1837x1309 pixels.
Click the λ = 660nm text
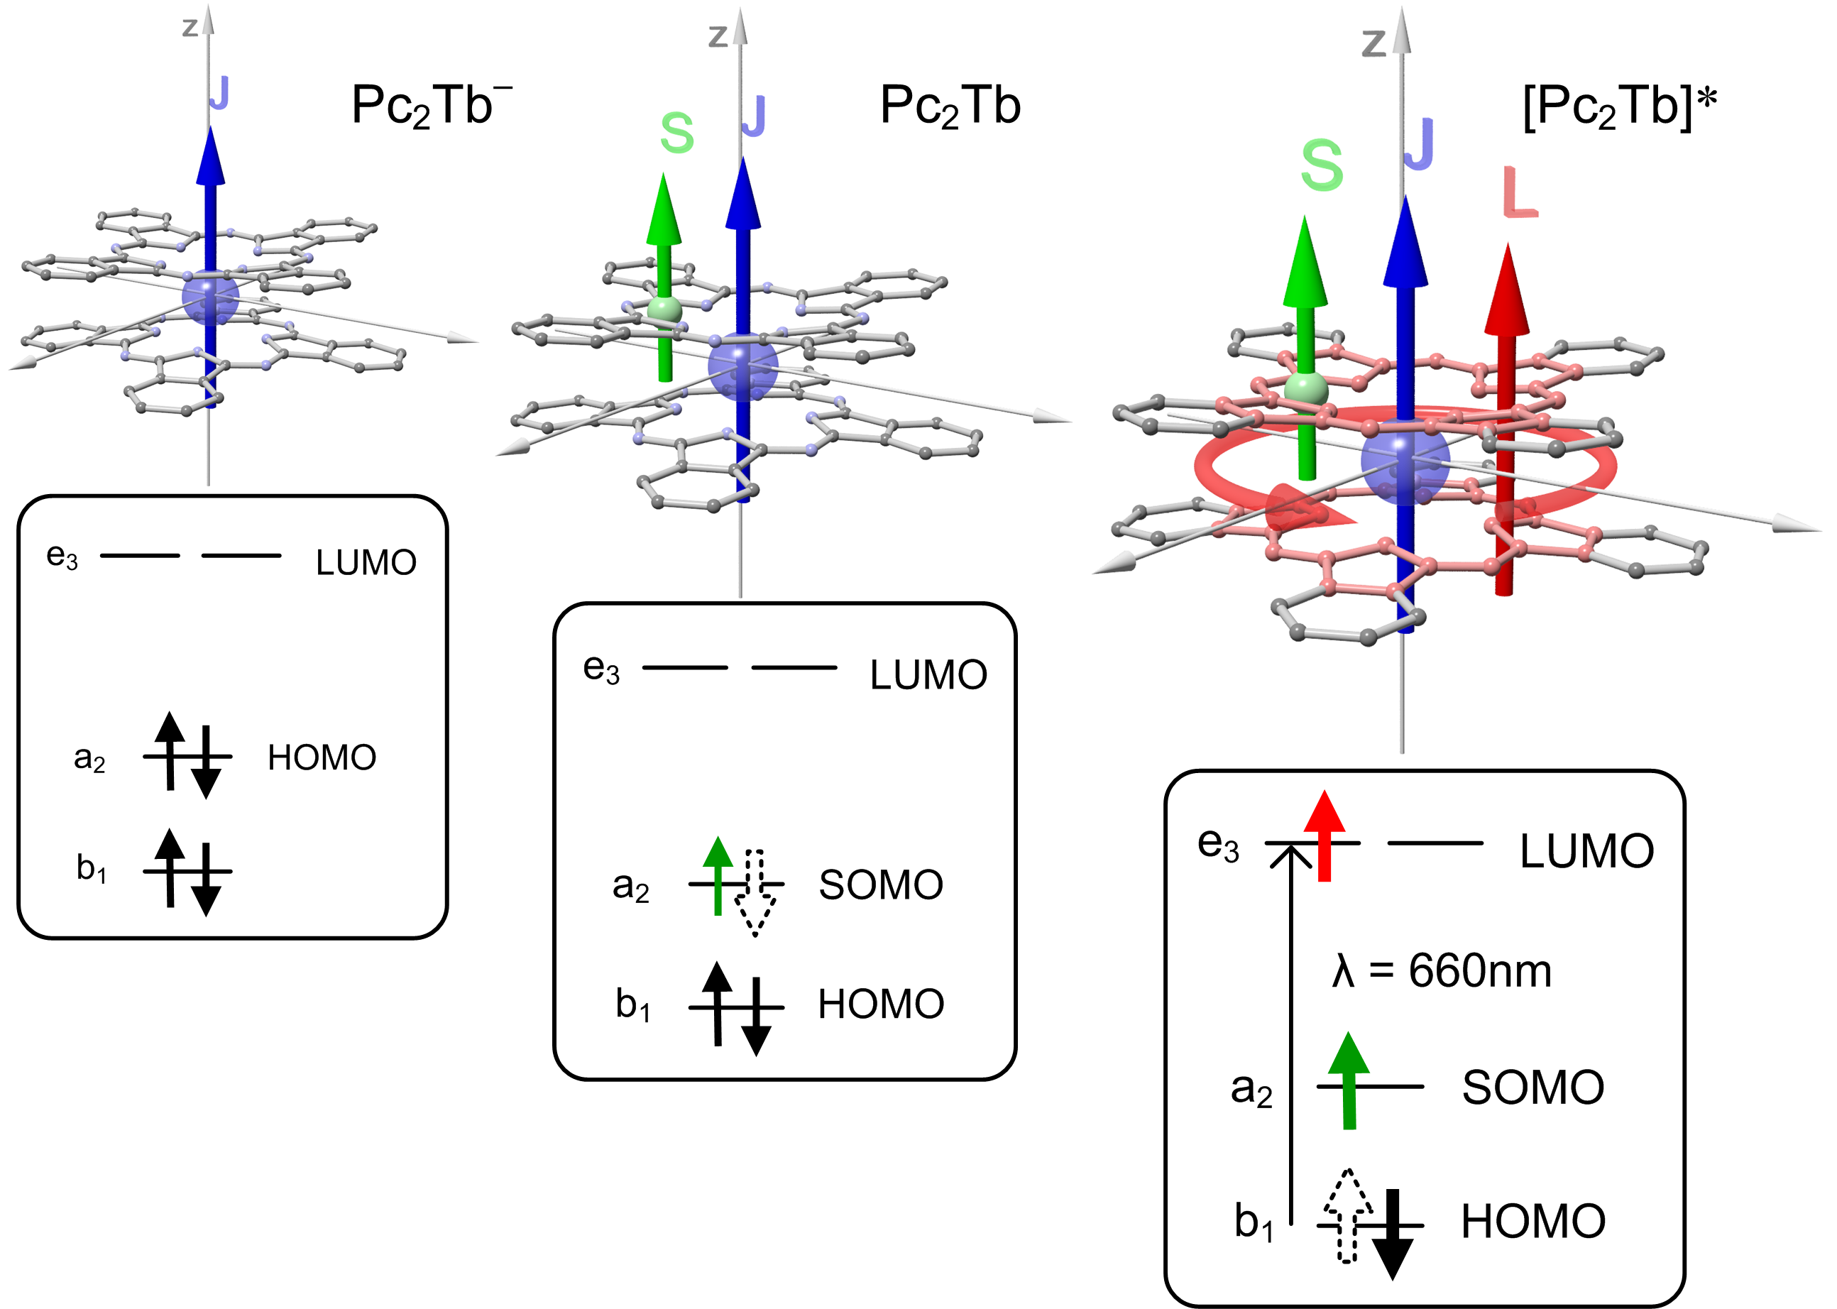pyautogui.click(x=1441, y=970)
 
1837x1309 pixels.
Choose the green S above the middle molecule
pyautogui.click(x=676, y=133)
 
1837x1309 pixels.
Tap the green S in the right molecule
pyautogui.click(x=1322, y=165)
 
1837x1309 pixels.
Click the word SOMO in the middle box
pyautogui.click(x=881, y=885)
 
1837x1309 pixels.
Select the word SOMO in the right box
pyautogui.click(x=1533, y=1088)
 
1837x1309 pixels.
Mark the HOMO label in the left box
pyautogui.click(x=322, y=757)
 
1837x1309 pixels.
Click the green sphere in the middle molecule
pyautogui.click(x=664, y=310)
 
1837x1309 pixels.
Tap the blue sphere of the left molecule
pyautogui.click(x=210, y=298)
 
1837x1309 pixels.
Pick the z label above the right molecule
pyautogui.click(x=1373, y=43)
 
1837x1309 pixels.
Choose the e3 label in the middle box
pyautogui.click(x=601, y=669)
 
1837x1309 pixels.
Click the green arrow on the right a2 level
pyautogui.click(x=1349, y=1080)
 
